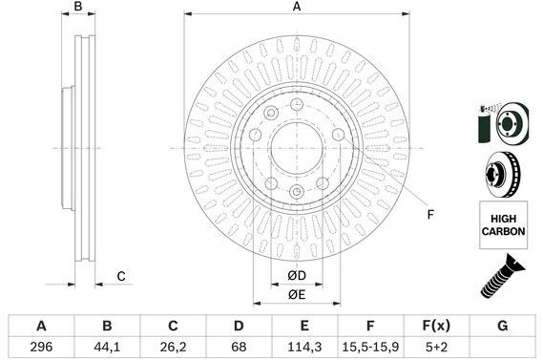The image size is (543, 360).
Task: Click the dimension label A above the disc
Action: pos(297,8)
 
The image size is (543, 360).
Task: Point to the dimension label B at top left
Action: pos(79,8)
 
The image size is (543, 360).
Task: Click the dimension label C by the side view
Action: pos(121,277)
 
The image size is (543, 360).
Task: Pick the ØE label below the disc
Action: pos(297,295)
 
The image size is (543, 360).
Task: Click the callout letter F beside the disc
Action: pos(430,213)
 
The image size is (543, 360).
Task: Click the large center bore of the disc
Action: pos(296,149)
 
